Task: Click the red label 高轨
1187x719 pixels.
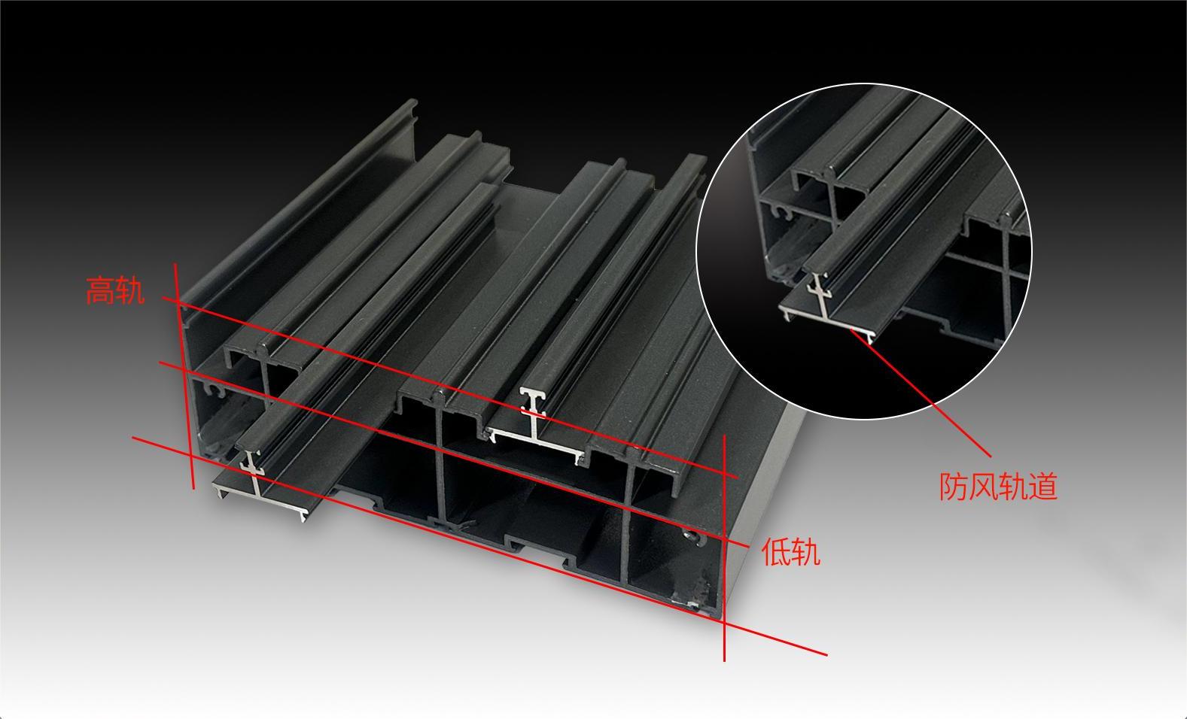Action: tap(115, 290)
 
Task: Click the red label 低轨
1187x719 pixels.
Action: tap(790, 552)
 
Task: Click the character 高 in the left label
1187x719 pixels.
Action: tap(100, 290)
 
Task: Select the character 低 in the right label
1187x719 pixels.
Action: tap(776, 552)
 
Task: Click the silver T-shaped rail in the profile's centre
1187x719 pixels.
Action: tap(535, 429)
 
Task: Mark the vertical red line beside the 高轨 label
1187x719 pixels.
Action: tap(184, 376)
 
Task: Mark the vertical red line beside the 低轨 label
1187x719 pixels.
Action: tap(724, 548)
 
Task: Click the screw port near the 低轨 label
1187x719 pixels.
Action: tap(695, 537)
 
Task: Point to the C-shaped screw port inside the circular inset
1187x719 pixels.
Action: tap(783, 212)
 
